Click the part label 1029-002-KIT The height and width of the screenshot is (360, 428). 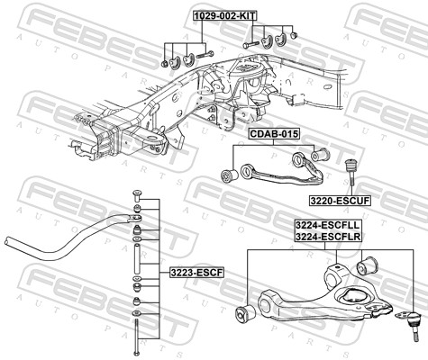tap(225, 15)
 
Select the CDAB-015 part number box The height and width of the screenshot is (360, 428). tap(274, 134)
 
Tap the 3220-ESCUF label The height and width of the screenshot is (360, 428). tap(340, 201)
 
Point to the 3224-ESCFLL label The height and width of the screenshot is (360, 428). tap(328, 225)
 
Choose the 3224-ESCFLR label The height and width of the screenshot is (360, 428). tap(328, 237)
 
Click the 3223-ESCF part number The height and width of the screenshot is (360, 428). tap(196, 273)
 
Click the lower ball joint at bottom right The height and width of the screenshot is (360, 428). tap(412, 325)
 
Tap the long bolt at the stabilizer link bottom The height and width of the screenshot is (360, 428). tap(136, 337)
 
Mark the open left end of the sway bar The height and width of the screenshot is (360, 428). tap(8, 241)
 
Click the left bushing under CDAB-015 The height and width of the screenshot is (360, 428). tap(229, 175)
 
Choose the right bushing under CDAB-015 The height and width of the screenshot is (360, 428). tap(320, 155)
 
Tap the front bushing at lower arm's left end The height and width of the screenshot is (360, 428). tap(245, 314)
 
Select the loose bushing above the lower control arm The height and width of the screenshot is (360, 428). tap(367, 265)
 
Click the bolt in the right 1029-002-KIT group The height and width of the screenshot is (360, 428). tap(250, 45)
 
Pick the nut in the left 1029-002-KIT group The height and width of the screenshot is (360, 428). tap(164, 64)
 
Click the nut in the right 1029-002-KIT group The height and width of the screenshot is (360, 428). tap(293, 36)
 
